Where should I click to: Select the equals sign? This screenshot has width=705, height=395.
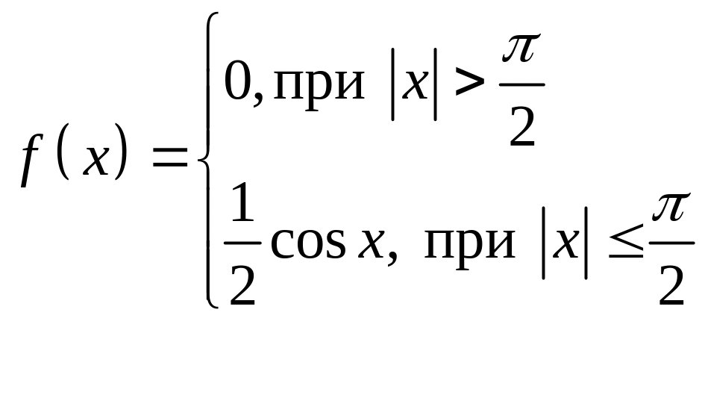pyautogui.click(x=170, y=157)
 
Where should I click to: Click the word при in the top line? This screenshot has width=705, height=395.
pyautogui.click(x=319, y=85)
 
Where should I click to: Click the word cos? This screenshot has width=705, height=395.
pyautogui.click(x=308, y=243)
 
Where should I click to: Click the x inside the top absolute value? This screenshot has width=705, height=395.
pyautogui.click(x=414, y=84)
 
